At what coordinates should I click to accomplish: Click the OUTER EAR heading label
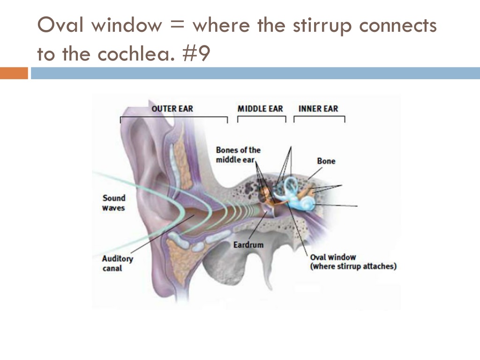(x=172, y=109)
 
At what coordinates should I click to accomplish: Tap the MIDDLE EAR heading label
(x=260, y=109)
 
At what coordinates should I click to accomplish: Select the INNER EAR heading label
(x=318, y=109)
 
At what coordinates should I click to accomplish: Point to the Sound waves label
(x=113, y=203)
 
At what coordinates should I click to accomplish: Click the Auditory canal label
(x=118, y=263)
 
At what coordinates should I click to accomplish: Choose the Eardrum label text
(x=248, y=245)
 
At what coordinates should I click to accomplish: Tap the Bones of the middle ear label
(x=238, y=155)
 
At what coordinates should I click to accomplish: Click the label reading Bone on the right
(x=326, y=161)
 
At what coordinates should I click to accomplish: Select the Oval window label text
(x=353, y=262)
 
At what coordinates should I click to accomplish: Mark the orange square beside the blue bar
(x=14, y=73)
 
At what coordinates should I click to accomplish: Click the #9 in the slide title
(x=196, y=54)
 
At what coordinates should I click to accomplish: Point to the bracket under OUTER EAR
(x=174, y=117)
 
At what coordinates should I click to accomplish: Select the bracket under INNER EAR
(x=319, y=116)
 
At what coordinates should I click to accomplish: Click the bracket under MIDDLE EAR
(x=262, y=116)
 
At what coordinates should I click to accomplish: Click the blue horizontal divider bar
(x=255, y=73)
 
